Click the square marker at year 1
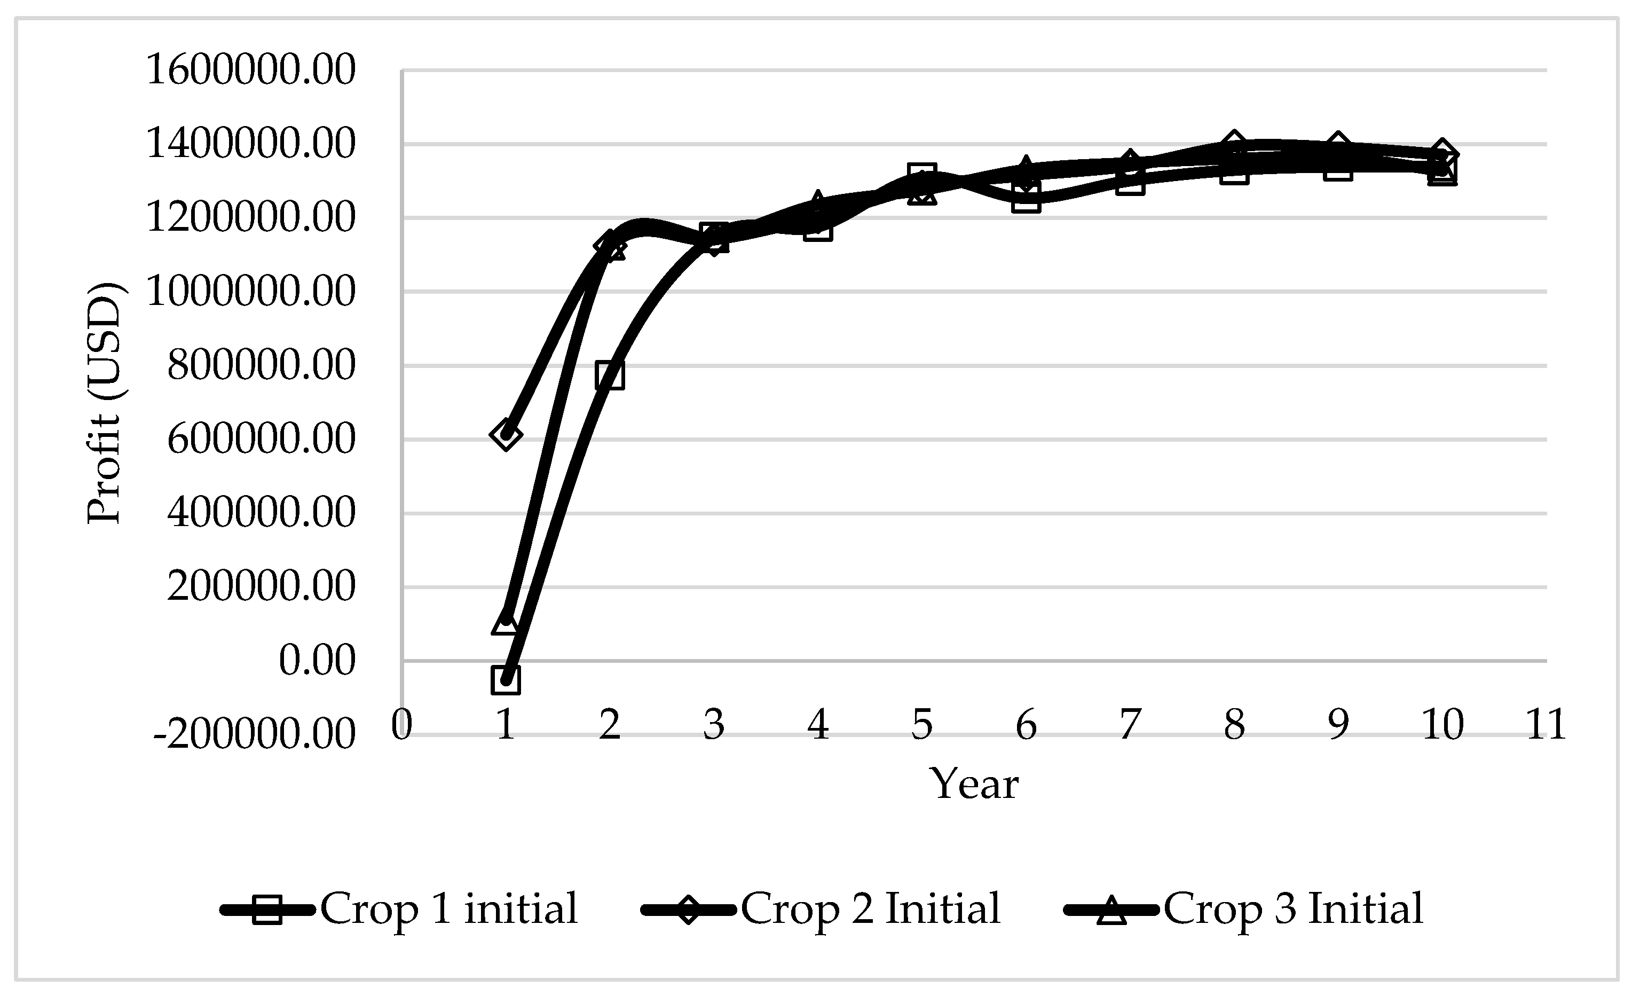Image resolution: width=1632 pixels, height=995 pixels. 506,680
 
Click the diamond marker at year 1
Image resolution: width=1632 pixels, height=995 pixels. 506,435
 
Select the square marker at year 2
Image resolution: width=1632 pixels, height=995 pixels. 609,375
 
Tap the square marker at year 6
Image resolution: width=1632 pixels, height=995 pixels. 1026,198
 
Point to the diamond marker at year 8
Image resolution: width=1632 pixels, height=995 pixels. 1234,143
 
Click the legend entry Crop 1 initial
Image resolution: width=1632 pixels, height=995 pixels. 400,909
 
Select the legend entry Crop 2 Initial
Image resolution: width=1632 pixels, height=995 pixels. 821,909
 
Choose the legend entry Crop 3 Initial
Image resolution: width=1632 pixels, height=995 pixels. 1244,909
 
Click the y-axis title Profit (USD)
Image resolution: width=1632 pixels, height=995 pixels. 105,403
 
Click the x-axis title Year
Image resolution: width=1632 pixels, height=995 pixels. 974,785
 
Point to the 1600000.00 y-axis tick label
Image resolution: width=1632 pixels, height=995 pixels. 250,69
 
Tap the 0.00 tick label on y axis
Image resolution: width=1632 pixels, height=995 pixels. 317,661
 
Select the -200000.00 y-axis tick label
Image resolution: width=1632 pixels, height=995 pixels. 254,735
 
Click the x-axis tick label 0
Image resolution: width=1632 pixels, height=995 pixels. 401,724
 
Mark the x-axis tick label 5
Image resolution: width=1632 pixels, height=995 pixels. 922,724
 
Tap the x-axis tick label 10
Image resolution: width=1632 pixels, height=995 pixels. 1442,724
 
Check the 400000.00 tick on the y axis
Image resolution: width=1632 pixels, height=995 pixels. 261,513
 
